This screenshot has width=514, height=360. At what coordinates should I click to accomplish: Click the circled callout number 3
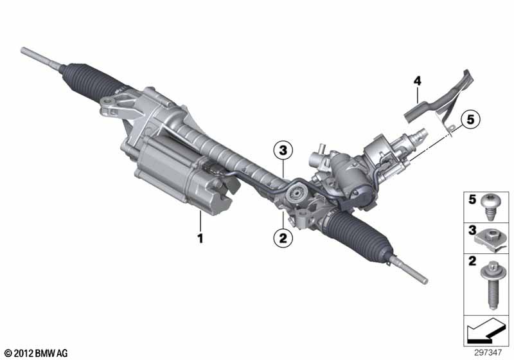[283, 151]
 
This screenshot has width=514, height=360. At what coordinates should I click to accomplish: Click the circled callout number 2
[283, 238]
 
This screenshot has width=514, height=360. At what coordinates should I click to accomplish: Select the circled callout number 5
[470, 120]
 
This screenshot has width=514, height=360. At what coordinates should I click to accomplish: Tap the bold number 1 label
[200, 238]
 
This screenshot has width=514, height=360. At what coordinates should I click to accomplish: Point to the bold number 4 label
[417, 81]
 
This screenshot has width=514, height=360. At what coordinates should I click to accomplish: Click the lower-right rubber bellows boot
[357, 235]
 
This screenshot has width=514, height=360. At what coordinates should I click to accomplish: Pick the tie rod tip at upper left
[22, 50]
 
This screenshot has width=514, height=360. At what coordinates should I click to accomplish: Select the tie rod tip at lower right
[425, 281]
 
